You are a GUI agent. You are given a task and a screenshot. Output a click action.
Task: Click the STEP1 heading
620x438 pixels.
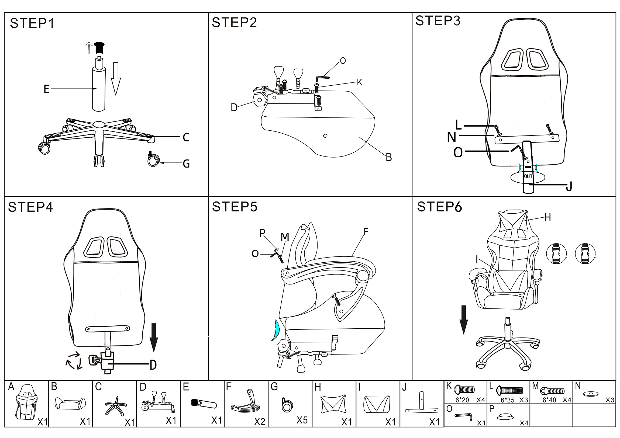point(32,23)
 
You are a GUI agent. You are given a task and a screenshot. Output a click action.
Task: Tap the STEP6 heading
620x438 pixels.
point(439,207)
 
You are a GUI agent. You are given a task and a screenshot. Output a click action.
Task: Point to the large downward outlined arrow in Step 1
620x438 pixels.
point(116,78)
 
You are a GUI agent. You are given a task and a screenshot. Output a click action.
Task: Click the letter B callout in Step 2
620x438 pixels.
point(389,157)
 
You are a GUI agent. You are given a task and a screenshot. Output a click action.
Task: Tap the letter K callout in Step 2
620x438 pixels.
point(359,82)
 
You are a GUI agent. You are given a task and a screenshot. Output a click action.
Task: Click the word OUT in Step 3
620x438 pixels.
point(528,176)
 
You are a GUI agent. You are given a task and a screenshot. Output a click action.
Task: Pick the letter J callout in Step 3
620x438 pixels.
point(569,186)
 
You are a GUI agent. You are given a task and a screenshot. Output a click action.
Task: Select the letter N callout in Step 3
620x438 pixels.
point(452,138)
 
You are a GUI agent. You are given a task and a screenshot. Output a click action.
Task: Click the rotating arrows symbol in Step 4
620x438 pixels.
point(74,360)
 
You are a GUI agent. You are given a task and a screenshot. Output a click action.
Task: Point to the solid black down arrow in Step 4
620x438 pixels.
point(154,337)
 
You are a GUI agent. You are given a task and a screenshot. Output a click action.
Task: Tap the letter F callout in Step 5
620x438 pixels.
point(366,232)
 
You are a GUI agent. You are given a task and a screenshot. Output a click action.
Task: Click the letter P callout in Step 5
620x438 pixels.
point(262,233)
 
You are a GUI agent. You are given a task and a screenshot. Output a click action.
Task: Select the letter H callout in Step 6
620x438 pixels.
point(547,217)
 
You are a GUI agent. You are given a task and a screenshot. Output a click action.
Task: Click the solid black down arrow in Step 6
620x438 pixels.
point(464,319)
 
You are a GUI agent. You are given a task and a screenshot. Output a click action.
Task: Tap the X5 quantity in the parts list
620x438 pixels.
point(302,420)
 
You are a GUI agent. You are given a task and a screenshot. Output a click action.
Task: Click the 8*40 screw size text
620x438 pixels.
point(549,400)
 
